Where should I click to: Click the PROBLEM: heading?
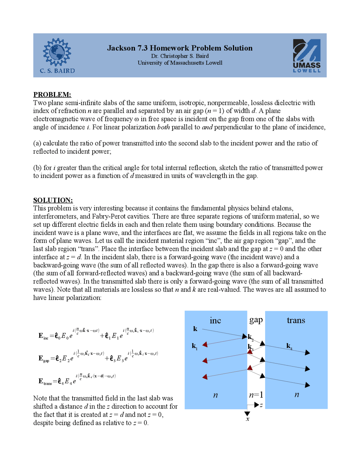tap(52, 94)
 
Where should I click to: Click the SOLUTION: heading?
tap(53, 200)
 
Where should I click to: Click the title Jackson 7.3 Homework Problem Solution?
tap(180, 48)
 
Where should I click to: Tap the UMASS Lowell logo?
tap(307, 56)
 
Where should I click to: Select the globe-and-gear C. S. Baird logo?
tap(57, 56)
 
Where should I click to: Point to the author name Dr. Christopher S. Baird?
tap(180, 56)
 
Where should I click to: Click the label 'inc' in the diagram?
tap(215, 321)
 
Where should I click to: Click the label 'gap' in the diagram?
tap(256, 320)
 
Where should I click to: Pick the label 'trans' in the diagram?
tap(296, 320)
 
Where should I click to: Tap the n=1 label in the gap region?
tap(256, 395)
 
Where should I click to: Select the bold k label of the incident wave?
tap(195, 329)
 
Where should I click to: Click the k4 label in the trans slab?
tap(289, 346)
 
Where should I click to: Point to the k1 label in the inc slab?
tap(195, 346)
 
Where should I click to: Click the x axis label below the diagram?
tap(247, 419)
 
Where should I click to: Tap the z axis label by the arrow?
tap(262, 405)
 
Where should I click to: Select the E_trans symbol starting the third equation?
tap(45, 382)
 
